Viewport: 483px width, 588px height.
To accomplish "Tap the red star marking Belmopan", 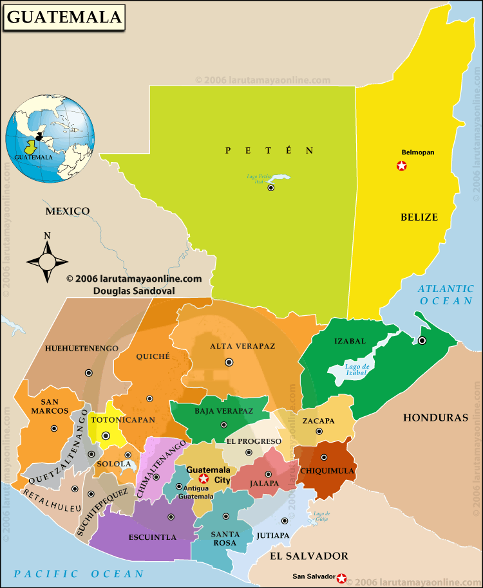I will click(402, 166).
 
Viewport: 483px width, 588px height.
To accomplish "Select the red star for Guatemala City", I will click(204, 479).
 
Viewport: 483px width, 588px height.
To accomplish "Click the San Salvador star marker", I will click(341, 578).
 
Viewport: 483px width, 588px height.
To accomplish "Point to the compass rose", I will click(47, 261).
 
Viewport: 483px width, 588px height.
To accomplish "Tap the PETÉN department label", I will click(269, 151).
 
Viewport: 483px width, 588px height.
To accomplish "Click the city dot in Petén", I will click(271, 188).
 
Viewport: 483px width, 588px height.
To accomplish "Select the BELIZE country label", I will click(419, 217).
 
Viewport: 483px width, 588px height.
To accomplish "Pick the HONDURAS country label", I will click(435, 418).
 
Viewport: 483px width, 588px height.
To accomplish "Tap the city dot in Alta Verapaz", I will click(229, 362).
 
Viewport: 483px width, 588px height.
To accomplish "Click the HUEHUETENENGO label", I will click(82, 348).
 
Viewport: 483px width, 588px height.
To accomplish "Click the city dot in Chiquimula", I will click(323, 458).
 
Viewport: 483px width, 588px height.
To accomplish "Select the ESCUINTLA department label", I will click(153, 537).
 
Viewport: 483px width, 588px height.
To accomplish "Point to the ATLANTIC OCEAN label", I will click(446, 295).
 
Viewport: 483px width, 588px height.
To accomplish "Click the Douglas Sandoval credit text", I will click(134, 290).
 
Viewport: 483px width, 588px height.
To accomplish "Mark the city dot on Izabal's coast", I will click(422, 340).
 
